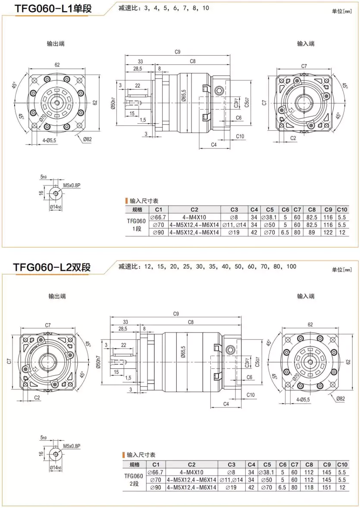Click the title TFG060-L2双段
coord(52,267)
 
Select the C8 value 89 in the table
coord(312,232)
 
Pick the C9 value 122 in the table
coord(329,232)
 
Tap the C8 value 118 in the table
coord(309,487)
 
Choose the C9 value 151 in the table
coord(327,487)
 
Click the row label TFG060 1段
coord(137,225)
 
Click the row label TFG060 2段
coord(135,480)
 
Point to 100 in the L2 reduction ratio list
coord(291,267)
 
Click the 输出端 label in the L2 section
coord(56,296)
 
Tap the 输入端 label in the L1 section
coord(306,44)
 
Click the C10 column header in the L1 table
coord(342,210)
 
